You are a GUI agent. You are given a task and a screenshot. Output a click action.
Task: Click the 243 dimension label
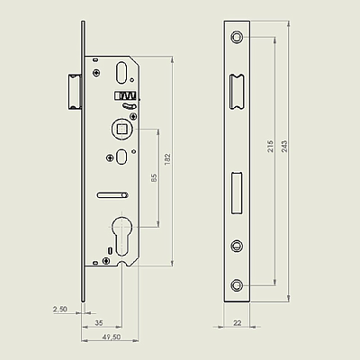point(284,146)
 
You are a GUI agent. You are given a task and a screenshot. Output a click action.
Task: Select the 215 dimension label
point(271,146)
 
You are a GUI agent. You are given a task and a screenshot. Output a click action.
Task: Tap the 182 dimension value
point(167,158)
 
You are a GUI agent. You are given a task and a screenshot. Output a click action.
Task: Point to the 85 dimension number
point(154,178)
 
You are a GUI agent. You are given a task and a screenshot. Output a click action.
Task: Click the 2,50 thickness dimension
point(60,309)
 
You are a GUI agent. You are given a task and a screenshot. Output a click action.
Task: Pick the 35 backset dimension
point(99,323)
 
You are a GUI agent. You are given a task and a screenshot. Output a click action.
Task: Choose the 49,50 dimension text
point(112,337)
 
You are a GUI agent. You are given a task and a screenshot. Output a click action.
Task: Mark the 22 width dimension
point(237,323)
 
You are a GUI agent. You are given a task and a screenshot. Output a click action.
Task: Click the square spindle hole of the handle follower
point(121,130)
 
